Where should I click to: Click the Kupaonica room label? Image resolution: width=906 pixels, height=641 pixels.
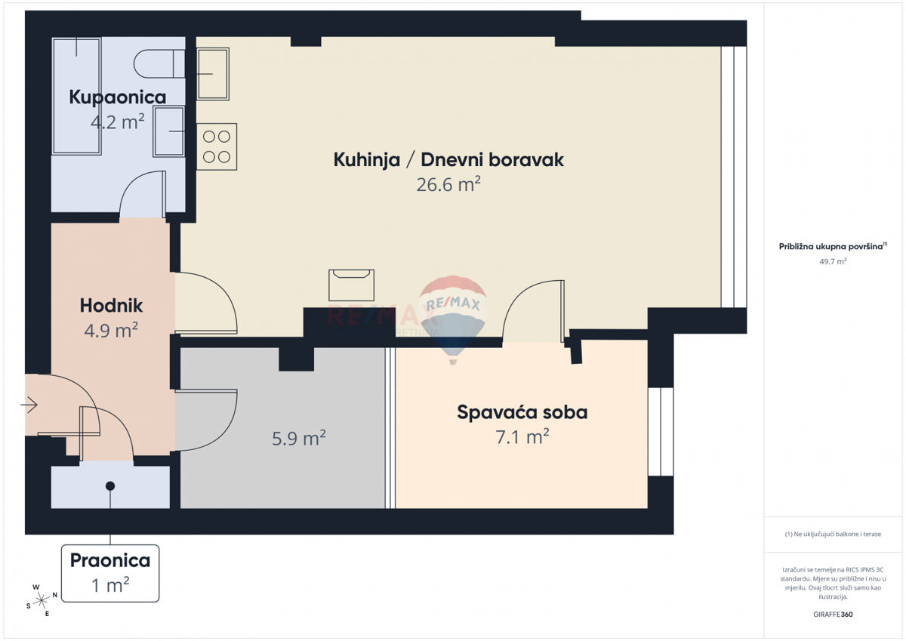pos(117,97)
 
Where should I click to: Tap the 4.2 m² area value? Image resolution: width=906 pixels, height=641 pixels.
pos(117,122)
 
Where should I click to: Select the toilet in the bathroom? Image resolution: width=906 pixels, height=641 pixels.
pos(159,64)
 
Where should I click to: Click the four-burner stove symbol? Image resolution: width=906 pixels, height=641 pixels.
pos(217,146)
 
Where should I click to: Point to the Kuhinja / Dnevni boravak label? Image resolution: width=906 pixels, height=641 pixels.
pos(448,160)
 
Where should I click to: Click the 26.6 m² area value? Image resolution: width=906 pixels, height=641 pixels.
pos(448,184)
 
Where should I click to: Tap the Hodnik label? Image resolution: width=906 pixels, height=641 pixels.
pos(111,306)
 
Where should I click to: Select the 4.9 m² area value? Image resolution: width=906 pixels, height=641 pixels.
pos(111,331)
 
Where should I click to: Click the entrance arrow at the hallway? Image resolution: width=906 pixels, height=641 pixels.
pos(29,405)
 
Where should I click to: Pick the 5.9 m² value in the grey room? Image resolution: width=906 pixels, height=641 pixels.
pos(299,439)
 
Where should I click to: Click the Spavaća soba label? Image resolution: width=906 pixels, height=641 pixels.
pos(522,412)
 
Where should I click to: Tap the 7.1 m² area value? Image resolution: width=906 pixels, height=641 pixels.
pos(522,437)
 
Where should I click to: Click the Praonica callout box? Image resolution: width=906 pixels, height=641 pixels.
pos(110,573)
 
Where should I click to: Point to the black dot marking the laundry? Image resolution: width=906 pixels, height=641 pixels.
pos(110,485)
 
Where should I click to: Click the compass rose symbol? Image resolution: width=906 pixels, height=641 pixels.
pos(42,600)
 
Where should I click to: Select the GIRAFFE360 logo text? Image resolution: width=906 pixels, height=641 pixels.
pos(833,615)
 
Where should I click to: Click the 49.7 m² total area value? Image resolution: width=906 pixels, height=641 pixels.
pos(833,261)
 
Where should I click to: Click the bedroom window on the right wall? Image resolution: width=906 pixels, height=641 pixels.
pos(661,432)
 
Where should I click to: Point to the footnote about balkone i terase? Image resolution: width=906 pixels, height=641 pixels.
pos(833,534)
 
